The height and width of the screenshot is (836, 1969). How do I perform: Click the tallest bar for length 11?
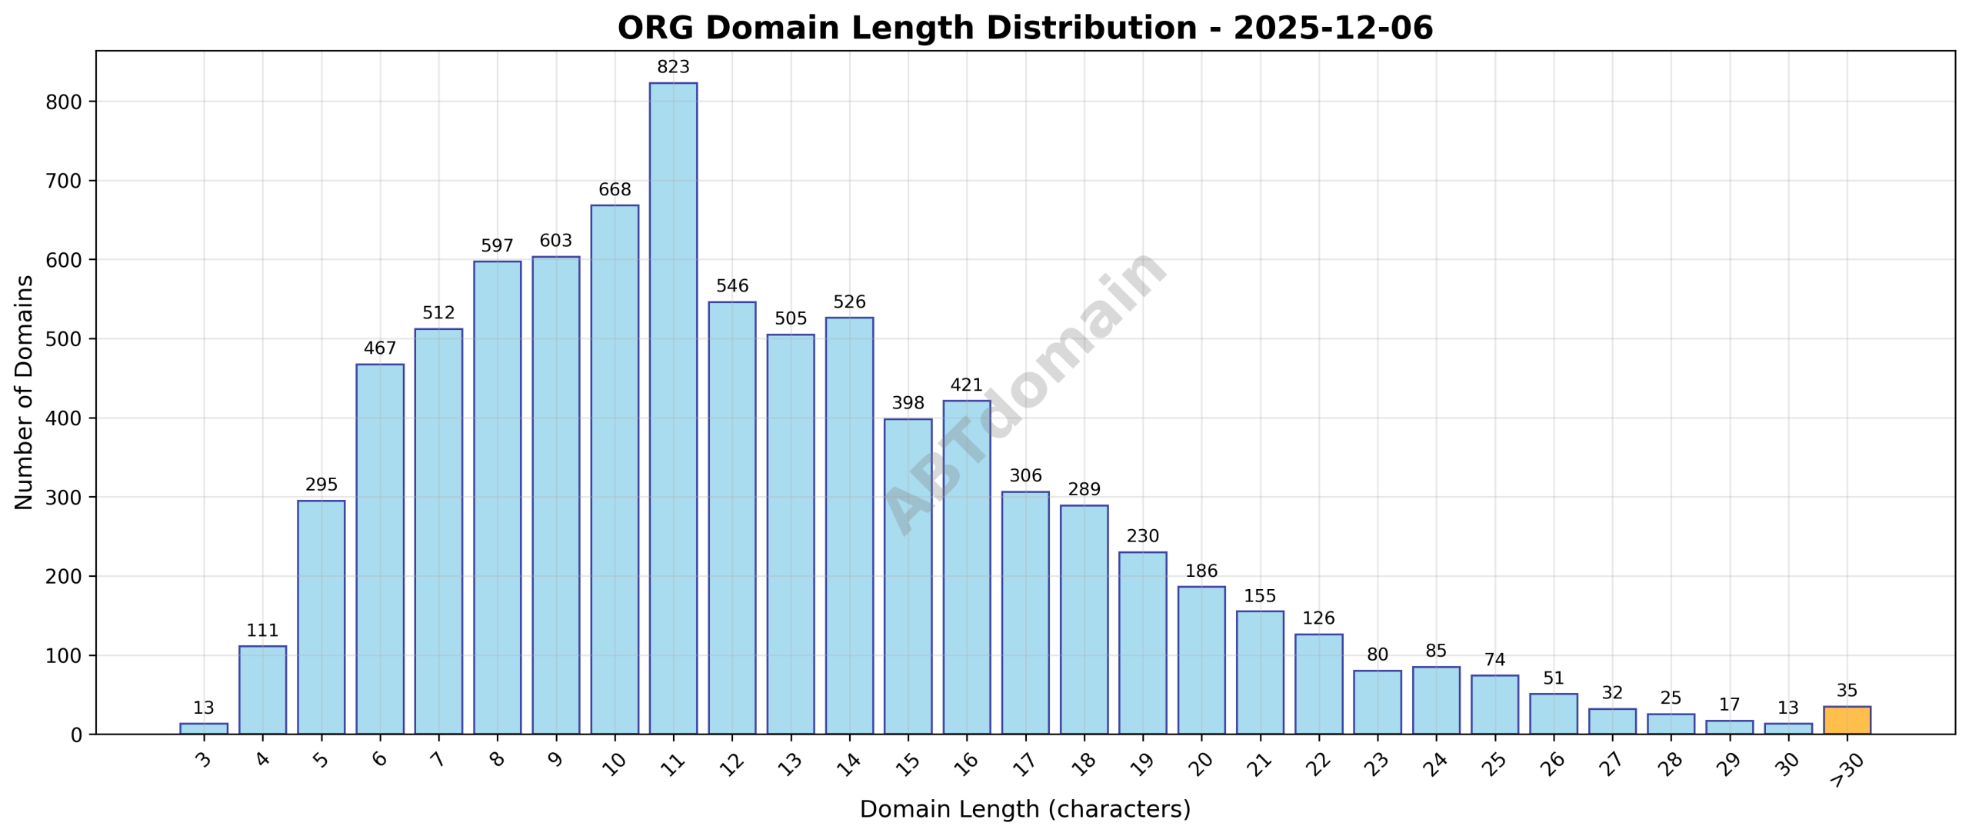(673, 408)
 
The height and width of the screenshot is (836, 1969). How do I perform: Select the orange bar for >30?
(1847, 720)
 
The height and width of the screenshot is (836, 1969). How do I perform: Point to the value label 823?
(673, 67)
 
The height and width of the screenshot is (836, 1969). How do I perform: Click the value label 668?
(615, 190)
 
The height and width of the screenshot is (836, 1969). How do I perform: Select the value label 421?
(967, 385)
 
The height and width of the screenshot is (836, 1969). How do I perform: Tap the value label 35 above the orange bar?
(1847, 691)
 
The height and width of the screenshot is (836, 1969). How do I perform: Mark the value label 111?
(262, 631)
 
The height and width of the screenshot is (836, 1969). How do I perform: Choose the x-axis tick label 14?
(848, 763)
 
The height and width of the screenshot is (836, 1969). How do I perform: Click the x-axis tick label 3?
(204, 760)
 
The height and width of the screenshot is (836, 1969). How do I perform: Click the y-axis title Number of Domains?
(25, 392)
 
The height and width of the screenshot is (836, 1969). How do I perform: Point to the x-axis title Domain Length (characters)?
(1024, 809)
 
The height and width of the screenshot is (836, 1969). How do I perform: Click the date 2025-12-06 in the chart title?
(1333, 28)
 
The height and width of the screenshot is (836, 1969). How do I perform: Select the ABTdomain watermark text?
(1024, 392)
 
